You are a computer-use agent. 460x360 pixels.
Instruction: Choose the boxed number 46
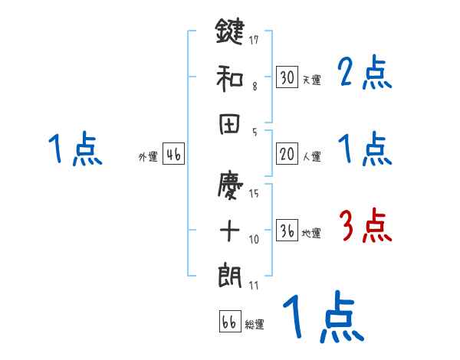173,154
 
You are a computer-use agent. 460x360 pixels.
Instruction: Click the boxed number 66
229,322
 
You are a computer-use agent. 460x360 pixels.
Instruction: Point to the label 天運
311,80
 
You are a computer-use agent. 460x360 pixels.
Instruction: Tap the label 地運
311,234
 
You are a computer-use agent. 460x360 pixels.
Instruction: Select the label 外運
148,157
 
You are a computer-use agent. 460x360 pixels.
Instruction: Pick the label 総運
255,325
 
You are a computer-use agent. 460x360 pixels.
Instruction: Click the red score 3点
364,227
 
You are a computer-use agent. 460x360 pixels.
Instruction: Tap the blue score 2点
364,74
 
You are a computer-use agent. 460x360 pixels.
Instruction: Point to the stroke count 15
254,193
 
